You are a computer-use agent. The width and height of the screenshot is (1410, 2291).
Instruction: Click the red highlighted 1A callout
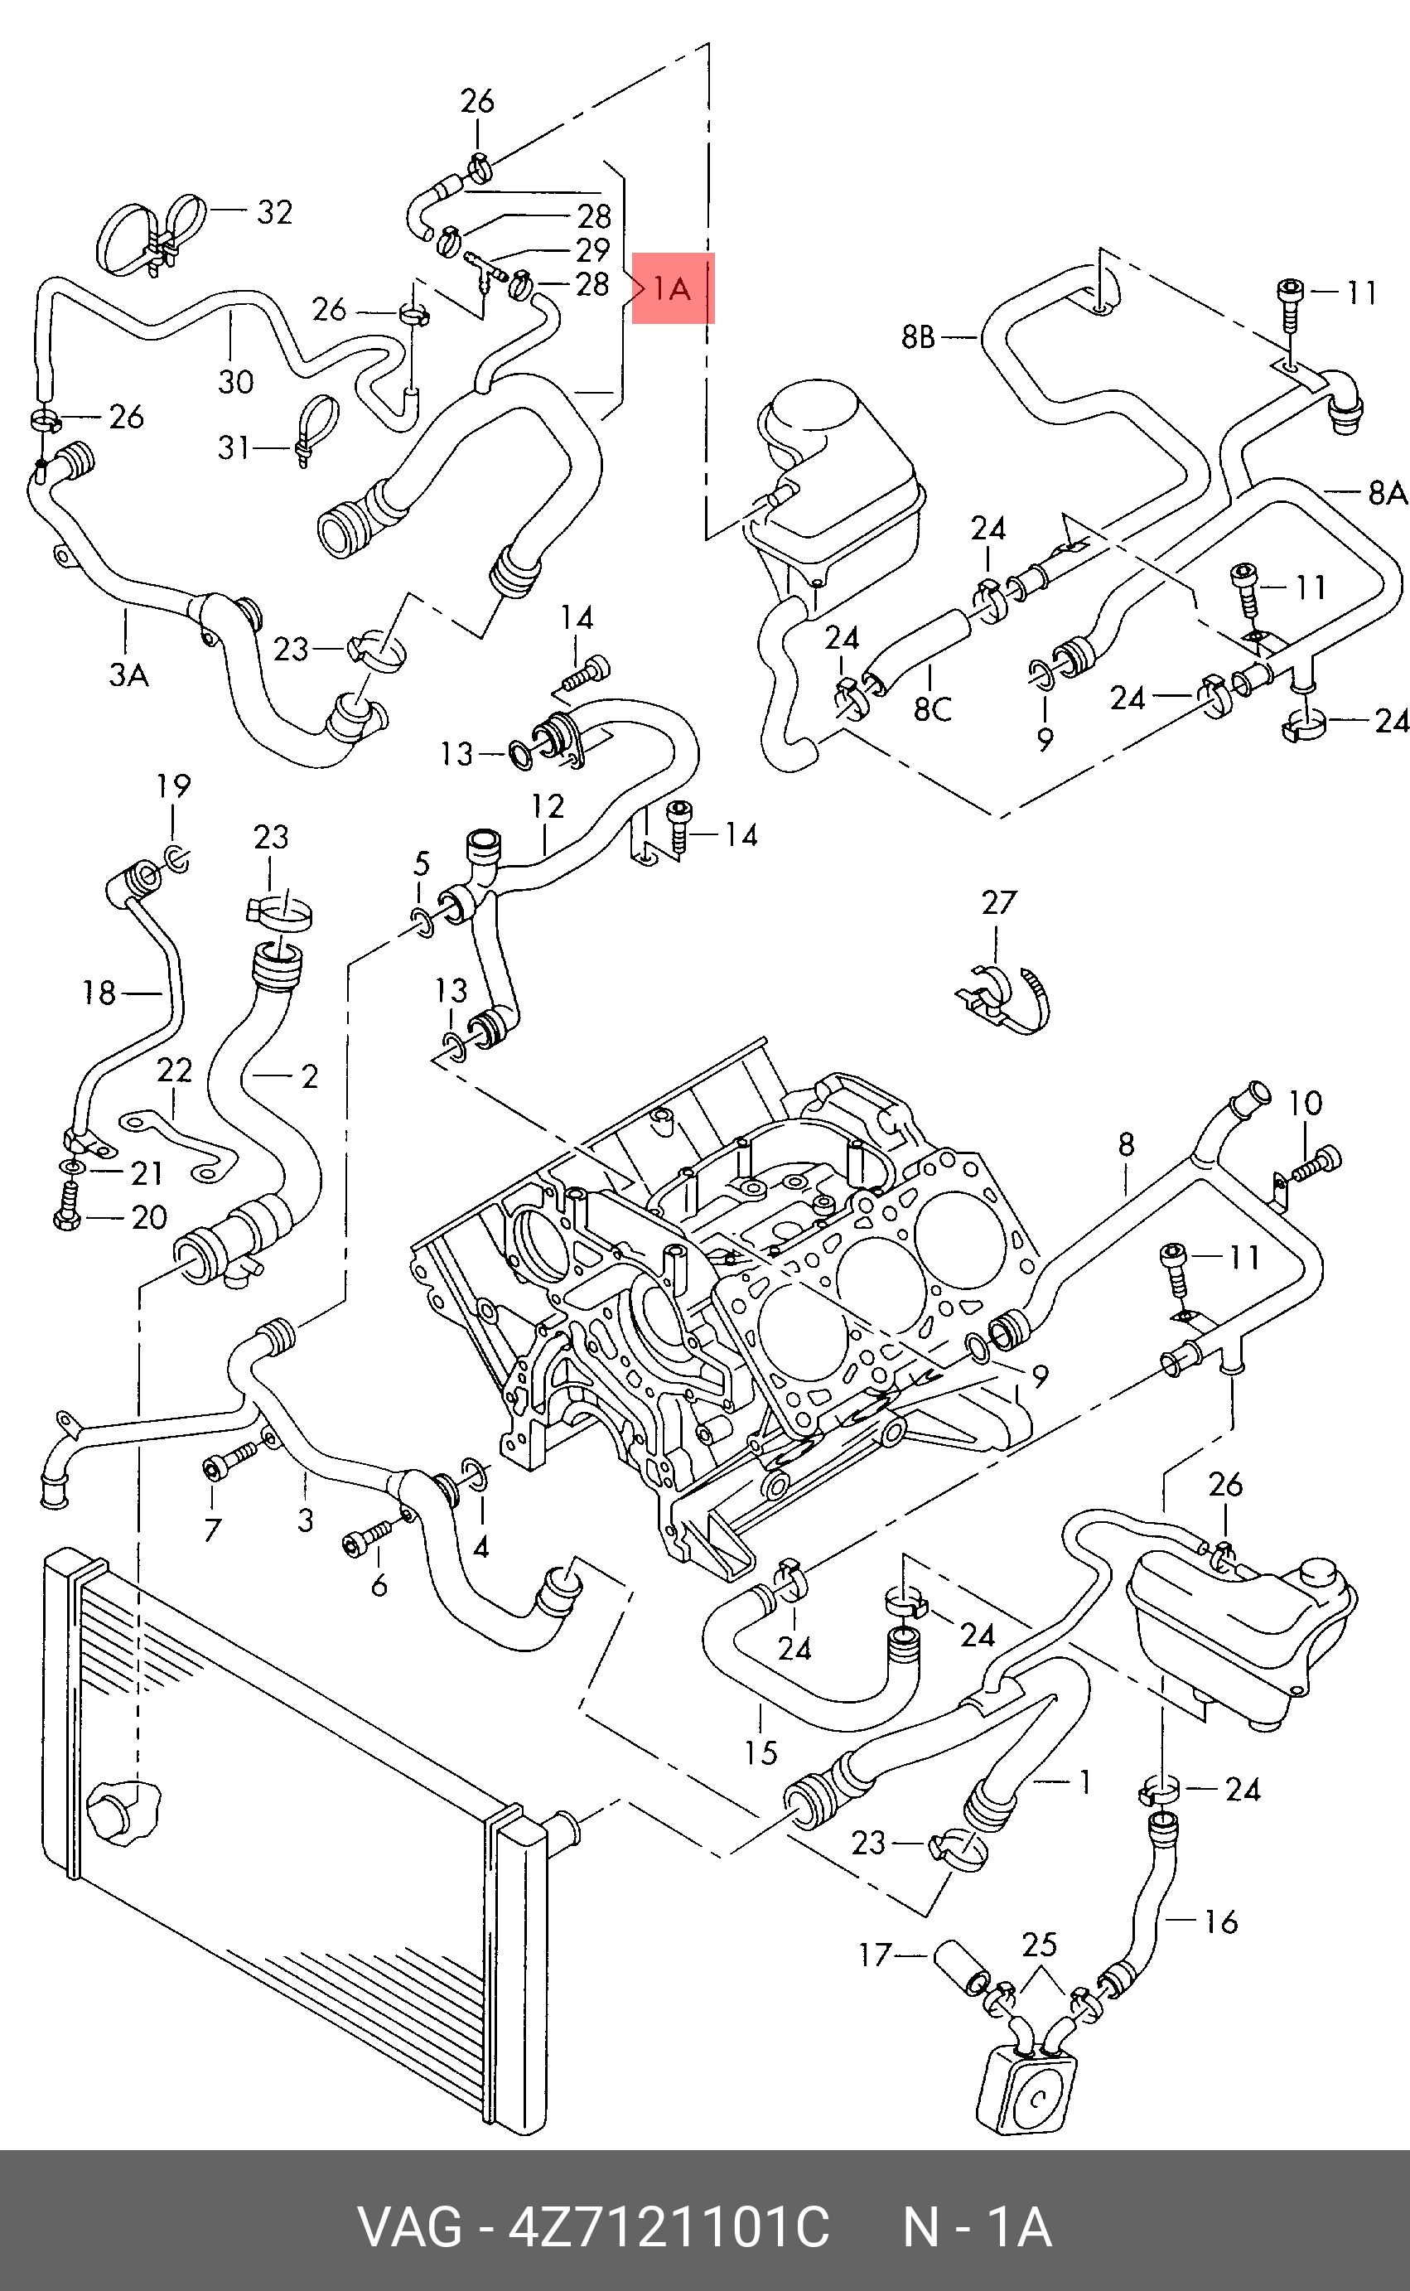[674, 288]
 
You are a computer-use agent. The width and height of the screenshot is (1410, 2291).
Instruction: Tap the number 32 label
[274, 213]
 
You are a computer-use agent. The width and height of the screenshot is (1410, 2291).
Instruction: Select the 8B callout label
[919, 336]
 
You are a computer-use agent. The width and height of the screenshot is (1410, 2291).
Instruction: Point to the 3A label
[128, 674]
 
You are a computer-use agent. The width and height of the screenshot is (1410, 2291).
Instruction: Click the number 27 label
[999, 902]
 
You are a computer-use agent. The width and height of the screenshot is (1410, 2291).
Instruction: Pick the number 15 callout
[761, 1753]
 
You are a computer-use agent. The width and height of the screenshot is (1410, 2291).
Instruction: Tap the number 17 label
[876, 1955]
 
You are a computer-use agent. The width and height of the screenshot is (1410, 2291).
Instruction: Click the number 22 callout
[174, 1070]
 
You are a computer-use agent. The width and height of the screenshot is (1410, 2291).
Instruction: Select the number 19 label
[173, 786]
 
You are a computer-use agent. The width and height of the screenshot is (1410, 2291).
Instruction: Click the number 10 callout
[1306, 1103]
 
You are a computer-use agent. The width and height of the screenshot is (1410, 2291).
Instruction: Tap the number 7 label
[213, 1530]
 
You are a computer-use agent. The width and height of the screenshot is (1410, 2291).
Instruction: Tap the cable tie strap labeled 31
[315, 430]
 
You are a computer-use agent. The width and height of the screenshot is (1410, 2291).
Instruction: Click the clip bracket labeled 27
[1003, 999]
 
